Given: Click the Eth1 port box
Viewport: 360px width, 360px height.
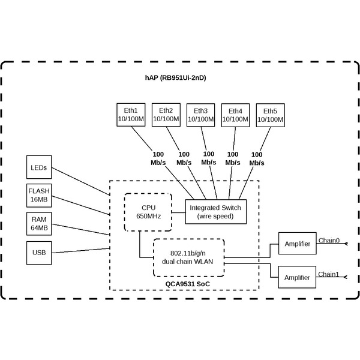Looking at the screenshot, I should [131, 115].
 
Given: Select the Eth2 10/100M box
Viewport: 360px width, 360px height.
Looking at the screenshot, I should [166, 115].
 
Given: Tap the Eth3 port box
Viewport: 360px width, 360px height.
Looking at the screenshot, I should [200, 115].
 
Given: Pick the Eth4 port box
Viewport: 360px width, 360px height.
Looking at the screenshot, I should [235, 115].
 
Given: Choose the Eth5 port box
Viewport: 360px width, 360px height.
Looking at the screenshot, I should [270, 115].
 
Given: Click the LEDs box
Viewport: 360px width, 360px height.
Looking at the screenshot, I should [39, 167].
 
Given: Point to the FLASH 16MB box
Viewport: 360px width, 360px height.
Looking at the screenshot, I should [39, 194].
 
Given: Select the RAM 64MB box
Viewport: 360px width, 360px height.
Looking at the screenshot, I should [39, 224].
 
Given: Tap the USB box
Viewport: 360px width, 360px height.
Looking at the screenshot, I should [39, 252].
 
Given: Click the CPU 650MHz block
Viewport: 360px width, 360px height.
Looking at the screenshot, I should [148, 212].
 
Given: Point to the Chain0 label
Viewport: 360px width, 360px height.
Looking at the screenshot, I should [329, 241].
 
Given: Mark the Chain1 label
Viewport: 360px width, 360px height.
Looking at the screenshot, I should [329, 274].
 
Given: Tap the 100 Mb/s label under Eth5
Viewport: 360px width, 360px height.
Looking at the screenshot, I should [257, 158].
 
